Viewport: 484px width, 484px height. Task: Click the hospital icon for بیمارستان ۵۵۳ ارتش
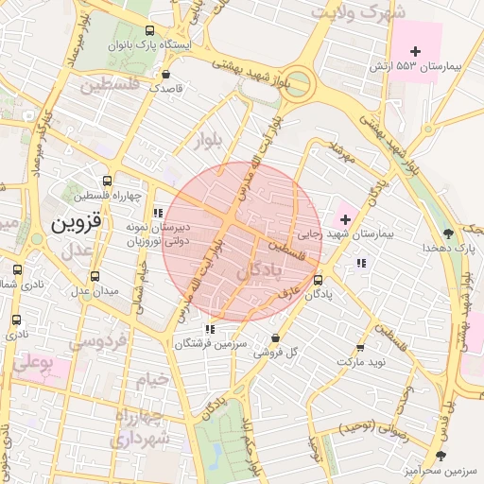pos(415,50)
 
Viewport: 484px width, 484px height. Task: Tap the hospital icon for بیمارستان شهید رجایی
pos(344,218)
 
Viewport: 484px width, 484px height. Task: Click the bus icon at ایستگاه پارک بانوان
pos(153,30)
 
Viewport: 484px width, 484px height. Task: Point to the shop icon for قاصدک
pos(167,74)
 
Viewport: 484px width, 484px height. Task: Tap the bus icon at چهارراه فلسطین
pos(108,181)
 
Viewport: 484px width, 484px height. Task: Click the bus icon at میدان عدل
pos(95,276)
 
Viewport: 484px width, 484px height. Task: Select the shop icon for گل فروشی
pos(275,337)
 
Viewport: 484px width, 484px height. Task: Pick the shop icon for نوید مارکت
pos(359,347)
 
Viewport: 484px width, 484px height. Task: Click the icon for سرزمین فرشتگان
pos(210,329)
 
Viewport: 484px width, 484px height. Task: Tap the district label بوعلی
pos(31,362)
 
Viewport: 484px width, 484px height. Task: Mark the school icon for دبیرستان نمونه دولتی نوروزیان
pos(158,213)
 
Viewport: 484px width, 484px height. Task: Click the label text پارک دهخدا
pos(448,247)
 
